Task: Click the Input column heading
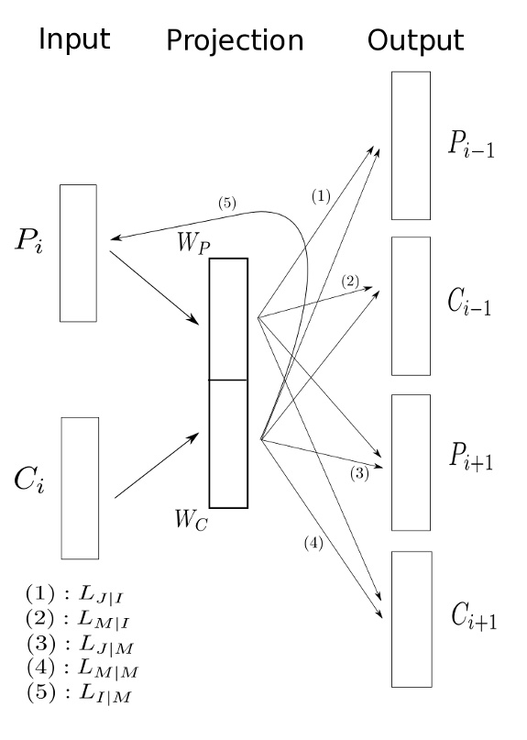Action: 74,40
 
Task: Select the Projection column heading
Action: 235,41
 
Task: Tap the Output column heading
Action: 415,40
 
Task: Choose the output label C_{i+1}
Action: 474,617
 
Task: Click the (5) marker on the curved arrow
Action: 227,203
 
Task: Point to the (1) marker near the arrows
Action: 319,195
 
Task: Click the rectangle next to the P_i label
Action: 78,253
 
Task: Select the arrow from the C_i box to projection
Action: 156,466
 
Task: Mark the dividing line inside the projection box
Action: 228,380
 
